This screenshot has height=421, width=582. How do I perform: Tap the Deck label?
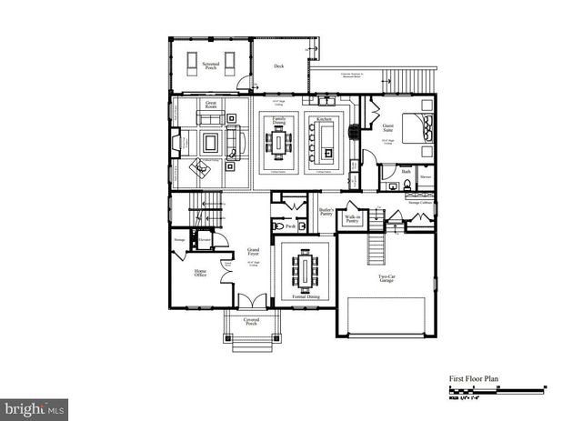point(278,65)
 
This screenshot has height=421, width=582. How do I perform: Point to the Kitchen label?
point(323,119)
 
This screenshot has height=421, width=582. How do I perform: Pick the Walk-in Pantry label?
point(352,219)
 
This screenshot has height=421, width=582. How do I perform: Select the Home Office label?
point(200,273)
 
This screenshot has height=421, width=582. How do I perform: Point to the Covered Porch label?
point(252,321)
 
